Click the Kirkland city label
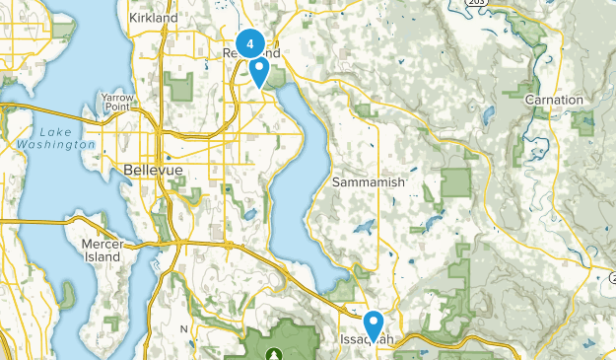pos(154,18)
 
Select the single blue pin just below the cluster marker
pos(259,71)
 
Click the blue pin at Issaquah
pos(374,323)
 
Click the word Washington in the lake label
pos(55,145)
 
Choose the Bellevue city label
pos(154,171)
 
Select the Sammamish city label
pos(368,183)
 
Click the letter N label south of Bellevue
pos(182,328)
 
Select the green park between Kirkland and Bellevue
pos(181,89)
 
